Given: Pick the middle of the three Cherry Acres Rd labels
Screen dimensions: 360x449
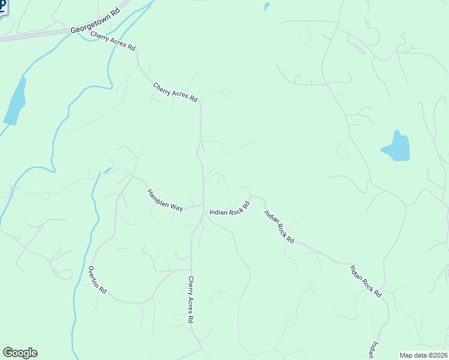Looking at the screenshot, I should (x=175, y=92).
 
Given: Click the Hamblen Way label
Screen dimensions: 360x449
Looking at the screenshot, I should (x=165, y=200).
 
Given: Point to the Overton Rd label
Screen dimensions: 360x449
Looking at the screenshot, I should (x=97, y=280).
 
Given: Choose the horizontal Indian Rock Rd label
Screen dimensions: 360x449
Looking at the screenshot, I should (x=229, y=212).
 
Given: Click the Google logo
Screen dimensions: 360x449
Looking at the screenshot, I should (x=20, y=353).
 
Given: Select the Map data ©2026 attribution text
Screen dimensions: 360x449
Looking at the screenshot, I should (x=423, y=355).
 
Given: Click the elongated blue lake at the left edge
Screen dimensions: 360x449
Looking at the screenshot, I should (x=15, y=102).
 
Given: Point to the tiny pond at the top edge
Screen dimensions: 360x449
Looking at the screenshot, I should (x=266, y=7).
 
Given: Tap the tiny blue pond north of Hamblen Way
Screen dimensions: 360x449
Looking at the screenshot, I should (x=107, y=170).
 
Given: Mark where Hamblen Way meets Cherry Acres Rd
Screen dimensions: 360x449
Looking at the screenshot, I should (x=203, y=205).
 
